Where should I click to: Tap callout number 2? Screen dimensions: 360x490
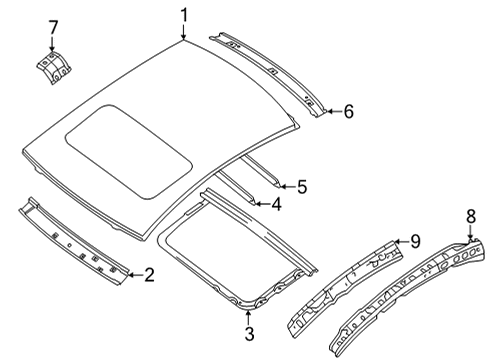pos(148,274)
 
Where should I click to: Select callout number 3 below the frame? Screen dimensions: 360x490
pos(250,333)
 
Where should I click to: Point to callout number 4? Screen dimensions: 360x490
pos(277,205)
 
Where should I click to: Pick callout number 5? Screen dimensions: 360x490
pos(302,185)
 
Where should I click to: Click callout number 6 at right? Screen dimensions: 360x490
pos(348,112)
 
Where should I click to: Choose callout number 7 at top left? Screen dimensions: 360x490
pos(54,26)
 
